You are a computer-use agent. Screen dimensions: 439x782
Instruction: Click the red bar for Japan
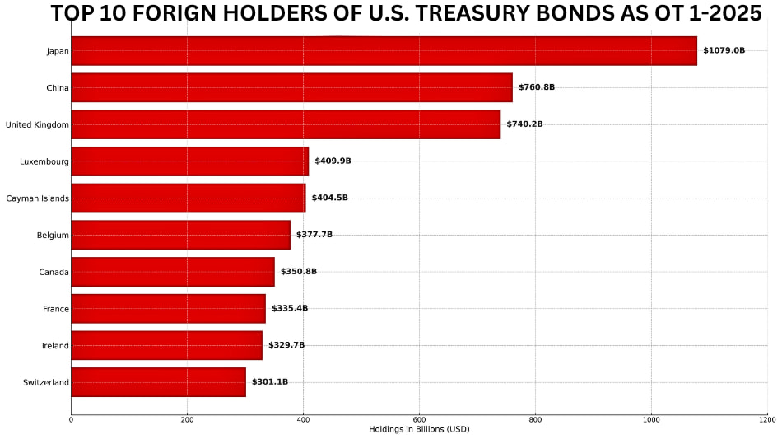tap(384, 51)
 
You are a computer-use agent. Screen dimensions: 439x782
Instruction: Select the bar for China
tap(291, 87)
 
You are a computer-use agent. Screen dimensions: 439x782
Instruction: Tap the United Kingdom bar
tap(286, 124)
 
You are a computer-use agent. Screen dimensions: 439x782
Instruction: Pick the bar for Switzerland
tap(158, 382)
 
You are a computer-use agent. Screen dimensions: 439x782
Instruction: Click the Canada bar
tap(173, 272)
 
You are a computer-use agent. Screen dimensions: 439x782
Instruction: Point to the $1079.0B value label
tap(724, 51)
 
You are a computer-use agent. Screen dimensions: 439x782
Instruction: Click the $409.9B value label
tap(333, 161)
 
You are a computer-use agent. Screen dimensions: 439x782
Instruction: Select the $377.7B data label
tap(314, 235)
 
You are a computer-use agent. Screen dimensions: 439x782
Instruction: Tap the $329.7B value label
tap(286, 345)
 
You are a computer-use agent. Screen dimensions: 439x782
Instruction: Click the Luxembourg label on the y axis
tap(44, 161)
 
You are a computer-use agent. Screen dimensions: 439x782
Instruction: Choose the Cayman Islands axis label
tap(37, 198)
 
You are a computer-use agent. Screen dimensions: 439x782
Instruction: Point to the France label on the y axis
tap(56, 309)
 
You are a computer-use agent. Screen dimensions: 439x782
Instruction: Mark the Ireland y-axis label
tap(55, 346)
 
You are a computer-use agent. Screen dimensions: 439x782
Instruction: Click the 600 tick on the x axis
tap(419, 420)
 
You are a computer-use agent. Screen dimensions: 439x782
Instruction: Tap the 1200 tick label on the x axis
tap(767, 420)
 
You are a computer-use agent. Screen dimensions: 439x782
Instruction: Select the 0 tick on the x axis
tap(71, 420)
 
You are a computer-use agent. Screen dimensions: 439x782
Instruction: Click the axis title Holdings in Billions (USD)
tap(419, 429)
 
